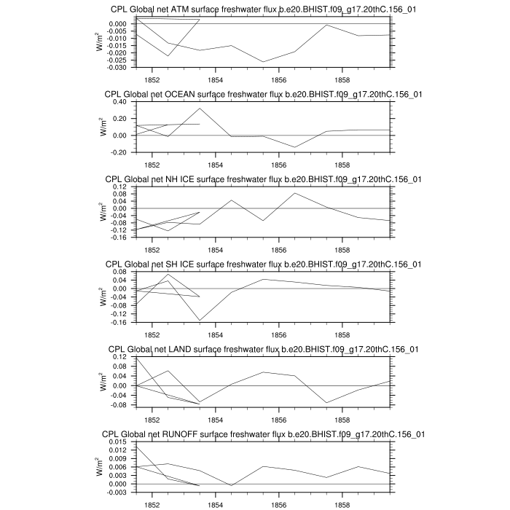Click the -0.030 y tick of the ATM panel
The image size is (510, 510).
(120, 67)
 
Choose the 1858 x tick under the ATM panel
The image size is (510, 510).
(342, 79)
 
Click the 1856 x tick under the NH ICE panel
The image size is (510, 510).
(278, 249)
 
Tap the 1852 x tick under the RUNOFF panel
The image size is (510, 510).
(152, 504)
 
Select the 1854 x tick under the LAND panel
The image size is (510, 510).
(216, 419)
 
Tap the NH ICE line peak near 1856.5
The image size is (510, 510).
(294, 192)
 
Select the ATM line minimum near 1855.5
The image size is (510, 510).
(263, 62)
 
